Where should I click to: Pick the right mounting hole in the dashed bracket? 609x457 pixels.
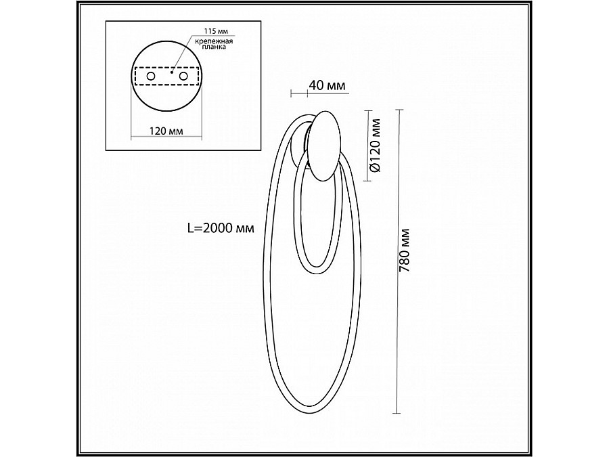tap(182, 78)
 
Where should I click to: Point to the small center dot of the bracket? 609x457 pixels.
tap(172, 70)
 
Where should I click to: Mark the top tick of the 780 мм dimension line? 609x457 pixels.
tap(399, 110)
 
